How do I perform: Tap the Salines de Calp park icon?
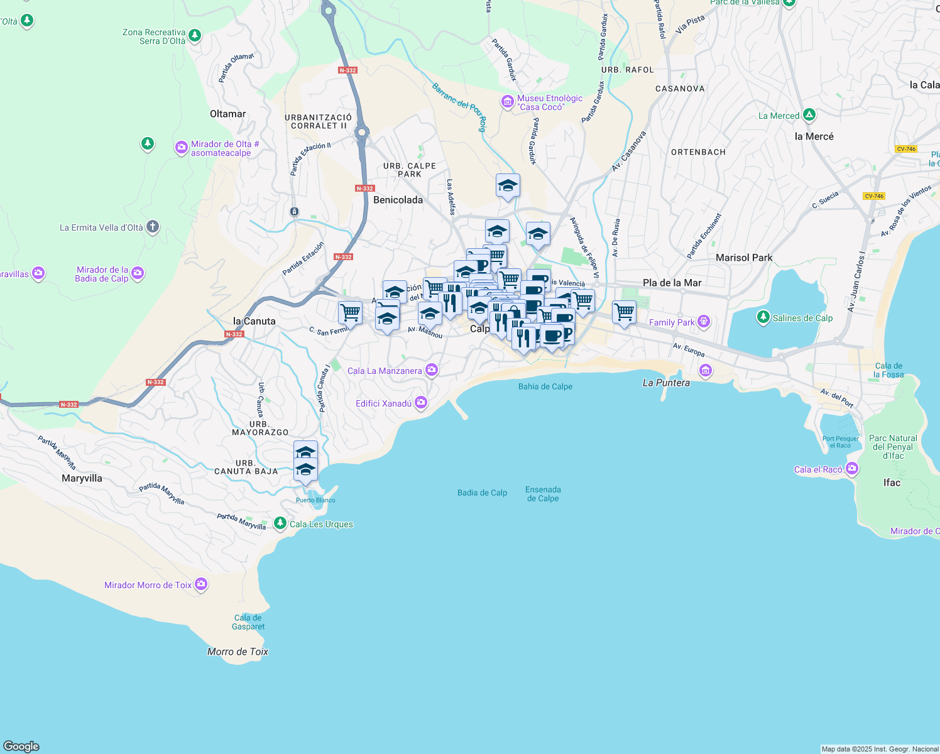(x=763, y=317)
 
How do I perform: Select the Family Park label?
(x=671, y=322)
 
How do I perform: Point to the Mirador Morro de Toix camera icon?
(x=201, y=584)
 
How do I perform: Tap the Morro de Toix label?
(x=238, y=652)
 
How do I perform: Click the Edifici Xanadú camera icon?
(x=421, y=403)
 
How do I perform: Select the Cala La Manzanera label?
(x=385, y=371)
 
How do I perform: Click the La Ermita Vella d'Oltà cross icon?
(x=153, y=227)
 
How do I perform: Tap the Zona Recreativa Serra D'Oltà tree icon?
(x=195, y=35)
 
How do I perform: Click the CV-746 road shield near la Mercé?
(x=906, y=149)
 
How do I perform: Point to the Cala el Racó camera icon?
(x=852, y=468)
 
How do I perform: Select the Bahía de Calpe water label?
(x=545, y=386)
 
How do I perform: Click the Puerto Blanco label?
(x=315, y=500)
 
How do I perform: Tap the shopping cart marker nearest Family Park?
(x=624, y=312)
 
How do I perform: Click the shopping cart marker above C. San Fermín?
(x=350, y=312)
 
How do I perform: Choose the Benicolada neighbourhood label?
(x=398, y=200)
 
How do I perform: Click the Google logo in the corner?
(x=21, y=746)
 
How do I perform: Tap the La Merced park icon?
(x=809, y=115)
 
